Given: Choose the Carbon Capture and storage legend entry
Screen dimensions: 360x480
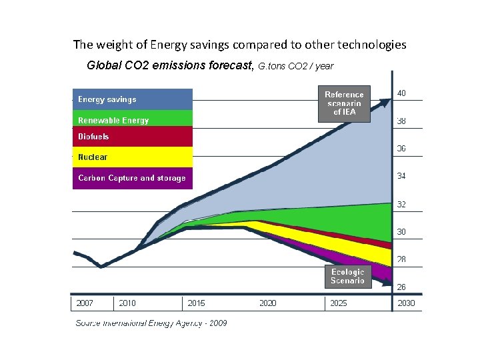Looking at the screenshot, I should [x=132, y=178].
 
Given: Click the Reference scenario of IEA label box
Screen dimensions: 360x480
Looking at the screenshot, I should [x=344, y=103].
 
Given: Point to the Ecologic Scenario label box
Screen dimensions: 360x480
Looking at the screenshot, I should [x=347, y=277].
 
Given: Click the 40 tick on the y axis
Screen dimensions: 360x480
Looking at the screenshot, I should [x=401, y=93].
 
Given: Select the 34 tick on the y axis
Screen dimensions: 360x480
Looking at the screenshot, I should [x=401, y=177].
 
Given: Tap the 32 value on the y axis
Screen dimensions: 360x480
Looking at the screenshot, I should [x=401, y=205].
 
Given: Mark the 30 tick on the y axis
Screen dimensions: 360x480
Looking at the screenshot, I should [x=401, y=232].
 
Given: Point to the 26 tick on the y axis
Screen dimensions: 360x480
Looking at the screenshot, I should [x=401, y=287].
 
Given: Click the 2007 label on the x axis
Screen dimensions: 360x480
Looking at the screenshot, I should [x=85, y=303].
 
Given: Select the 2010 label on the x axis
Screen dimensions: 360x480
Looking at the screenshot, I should [x=127, y=303].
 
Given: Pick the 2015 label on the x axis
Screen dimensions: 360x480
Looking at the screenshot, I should [x=197, y=303].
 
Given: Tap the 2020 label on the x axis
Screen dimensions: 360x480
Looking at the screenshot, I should [x=268, y=303].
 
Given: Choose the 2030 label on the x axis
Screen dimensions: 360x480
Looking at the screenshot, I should [x=406, y=303].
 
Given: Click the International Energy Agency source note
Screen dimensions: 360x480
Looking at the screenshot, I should [x=151, y=323].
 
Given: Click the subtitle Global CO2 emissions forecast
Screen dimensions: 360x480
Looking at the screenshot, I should [x=170, y=66].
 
